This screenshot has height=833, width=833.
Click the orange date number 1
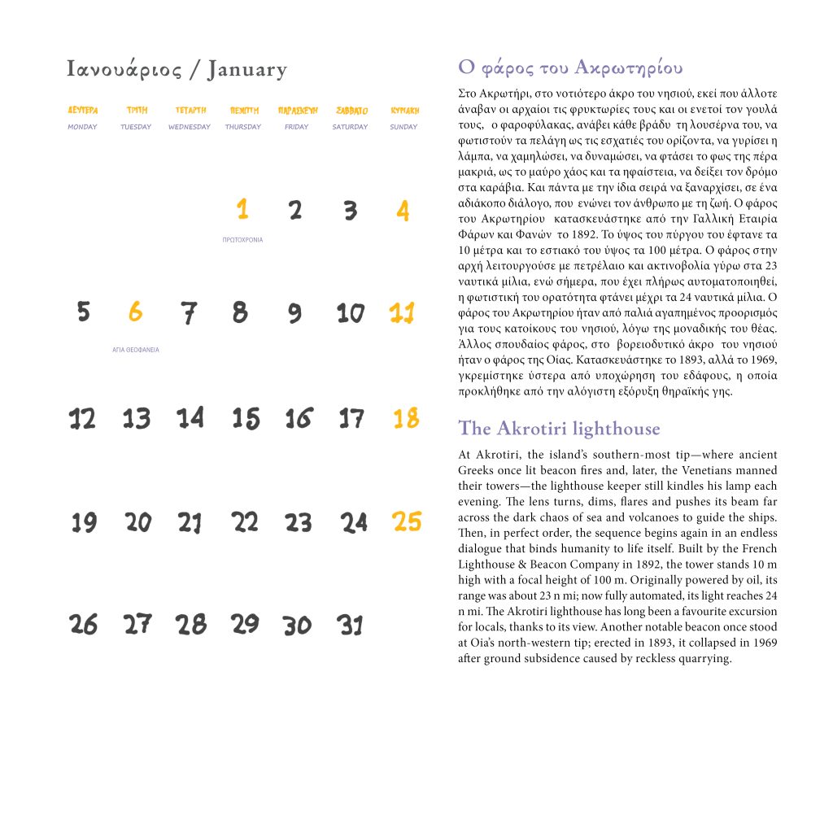pos(242,211)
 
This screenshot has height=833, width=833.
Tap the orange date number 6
pos(135,312)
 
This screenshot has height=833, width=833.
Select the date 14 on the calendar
pos(190,418)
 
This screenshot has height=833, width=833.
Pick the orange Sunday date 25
pos(407,521)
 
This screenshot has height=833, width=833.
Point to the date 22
pos(245,522)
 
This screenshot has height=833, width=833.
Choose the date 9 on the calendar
pos(294,313)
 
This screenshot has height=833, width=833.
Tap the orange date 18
pos(406,418)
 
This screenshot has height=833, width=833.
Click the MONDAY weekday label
pos(82,127)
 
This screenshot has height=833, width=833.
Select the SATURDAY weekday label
pos(350,127)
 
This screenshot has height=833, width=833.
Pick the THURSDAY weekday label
pos(243,127)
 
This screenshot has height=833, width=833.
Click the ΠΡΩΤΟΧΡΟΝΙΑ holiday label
pos(242,240)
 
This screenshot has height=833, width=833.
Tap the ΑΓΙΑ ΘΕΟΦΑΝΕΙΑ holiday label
pos(136,350)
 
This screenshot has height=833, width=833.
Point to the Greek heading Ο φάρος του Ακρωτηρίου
pos(570,67)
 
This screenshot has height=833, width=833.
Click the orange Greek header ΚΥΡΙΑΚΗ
pos(404,110)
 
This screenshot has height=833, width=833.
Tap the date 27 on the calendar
pos(137,624)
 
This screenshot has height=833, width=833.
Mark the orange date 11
pos(403,312)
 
